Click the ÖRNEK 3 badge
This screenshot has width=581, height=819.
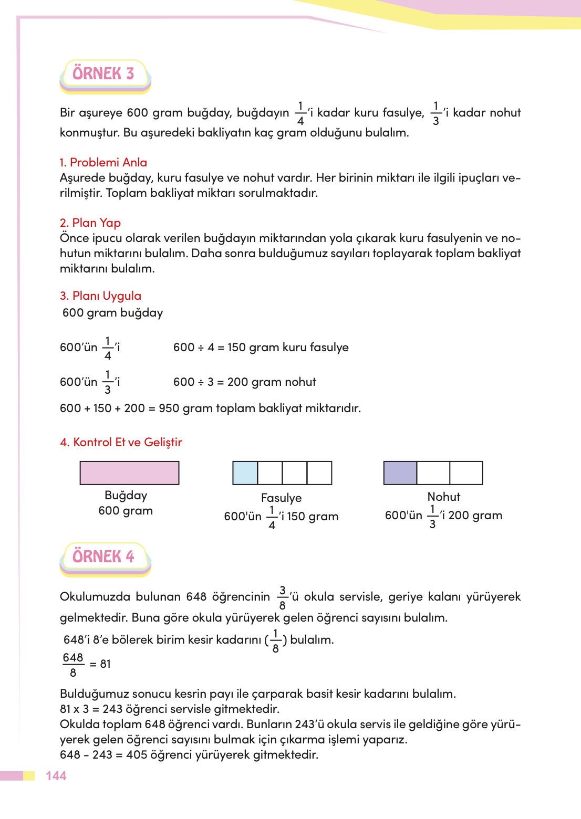(104, 74)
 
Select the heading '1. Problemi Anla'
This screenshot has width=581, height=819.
(103, 162)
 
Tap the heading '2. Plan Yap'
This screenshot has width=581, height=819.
(90, 223)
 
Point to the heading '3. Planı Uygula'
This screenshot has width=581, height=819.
(100, 296)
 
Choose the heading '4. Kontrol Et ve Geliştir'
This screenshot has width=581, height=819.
(121, 442)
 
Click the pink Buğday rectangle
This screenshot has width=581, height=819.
(129, 472)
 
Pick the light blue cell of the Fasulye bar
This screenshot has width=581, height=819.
(245, 472)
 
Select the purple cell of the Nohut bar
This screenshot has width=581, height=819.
(400, 472)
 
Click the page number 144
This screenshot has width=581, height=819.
(56, 776)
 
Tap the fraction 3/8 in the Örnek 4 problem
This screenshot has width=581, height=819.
(282, 597)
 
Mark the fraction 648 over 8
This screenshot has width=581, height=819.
(73, 665)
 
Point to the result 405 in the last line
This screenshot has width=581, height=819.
(137, 754)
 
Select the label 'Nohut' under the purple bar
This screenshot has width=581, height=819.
(443, 497)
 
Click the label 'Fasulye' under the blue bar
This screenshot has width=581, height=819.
(281, 498)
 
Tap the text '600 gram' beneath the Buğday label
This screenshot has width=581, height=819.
(126, 510)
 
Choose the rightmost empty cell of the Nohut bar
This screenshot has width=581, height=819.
(466, 472)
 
